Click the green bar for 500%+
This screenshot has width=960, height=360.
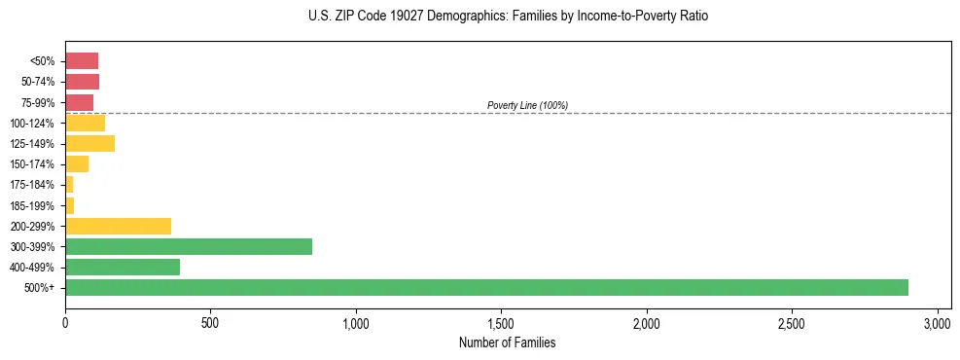[x=486, y=287]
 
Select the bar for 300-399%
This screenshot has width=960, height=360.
[x=189, y=246]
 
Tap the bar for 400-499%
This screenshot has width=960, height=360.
[x=123, y=267]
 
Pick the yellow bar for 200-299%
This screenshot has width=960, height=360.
[x=118, y=226]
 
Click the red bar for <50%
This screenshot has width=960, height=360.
[x=82, y=61]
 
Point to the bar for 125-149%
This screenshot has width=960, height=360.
[x=89, y=144]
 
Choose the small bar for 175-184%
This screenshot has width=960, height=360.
[x=69, y=185]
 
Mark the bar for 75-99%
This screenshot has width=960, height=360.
[x=79, y=102]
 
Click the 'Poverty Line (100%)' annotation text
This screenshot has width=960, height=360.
[x=527, y=105]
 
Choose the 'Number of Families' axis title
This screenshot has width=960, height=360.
[x=507, y=342]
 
